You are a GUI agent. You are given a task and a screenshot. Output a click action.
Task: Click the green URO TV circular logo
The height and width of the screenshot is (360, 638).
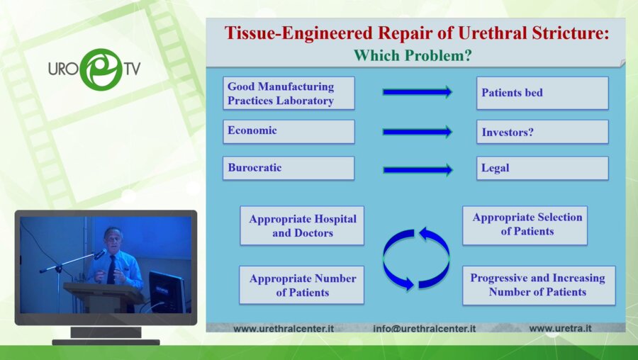[x=101, y=69]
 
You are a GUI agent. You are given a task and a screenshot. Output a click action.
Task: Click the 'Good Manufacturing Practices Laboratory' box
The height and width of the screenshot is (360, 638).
[x=289, y=93]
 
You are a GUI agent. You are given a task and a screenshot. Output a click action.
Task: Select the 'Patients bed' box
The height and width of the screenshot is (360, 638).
[x=542, y=93]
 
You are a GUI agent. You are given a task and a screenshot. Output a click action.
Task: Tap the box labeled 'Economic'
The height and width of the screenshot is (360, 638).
[x=289, y=131]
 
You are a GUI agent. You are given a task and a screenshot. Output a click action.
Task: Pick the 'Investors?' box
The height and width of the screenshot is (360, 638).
[x=542, y=132]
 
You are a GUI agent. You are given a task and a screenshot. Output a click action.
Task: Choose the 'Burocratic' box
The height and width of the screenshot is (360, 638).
[x=289, y=168]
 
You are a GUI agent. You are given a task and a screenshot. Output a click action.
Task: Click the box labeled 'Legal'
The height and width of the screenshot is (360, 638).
[x=542, y=168]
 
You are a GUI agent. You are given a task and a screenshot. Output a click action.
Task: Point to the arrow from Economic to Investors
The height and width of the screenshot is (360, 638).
[x=417, y=132]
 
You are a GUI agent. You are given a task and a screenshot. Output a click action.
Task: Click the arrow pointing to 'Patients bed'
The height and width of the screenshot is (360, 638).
[x=417, y=92]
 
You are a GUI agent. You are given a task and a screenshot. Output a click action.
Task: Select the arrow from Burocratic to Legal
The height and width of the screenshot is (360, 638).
[x=418, y=169]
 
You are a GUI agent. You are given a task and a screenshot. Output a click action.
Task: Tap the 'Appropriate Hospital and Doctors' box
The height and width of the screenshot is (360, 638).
[x=302, y=226]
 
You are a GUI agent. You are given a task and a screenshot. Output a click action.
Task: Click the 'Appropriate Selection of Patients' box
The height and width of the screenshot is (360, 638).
[x=525, y=225]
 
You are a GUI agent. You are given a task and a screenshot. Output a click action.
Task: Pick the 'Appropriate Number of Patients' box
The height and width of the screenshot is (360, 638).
[x=301, y=285]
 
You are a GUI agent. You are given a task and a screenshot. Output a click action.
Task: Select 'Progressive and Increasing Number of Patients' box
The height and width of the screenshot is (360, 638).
[x=539, y=286]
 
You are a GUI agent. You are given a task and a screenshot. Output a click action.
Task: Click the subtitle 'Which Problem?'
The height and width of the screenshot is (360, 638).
[x=413, y=55]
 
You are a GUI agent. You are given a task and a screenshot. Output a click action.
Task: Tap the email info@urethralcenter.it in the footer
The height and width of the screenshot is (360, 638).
[x=424, y=328]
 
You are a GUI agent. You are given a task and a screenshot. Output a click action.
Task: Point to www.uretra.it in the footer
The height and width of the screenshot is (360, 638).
[x=560, y=328]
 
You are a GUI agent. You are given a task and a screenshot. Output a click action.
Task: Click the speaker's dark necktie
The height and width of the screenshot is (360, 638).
[x=111, y=269]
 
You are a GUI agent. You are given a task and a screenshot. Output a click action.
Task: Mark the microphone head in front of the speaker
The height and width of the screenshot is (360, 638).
[x=100, y=254]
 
